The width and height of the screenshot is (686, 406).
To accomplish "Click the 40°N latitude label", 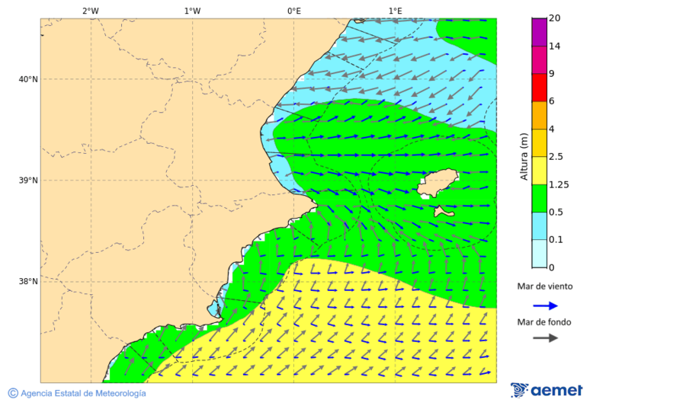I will click(28, 79).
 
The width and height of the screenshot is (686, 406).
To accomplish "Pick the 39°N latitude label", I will click(28, 181).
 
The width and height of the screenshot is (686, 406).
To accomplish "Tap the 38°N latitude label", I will click(28, 282).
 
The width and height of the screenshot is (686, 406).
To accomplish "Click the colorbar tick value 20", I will click(554, 18).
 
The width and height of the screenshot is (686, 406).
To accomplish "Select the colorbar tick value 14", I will click(554, 46).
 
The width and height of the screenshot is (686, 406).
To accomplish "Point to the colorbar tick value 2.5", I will click(556, 157).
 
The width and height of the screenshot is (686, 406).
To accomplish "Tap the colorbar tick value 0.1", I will click(556, 240).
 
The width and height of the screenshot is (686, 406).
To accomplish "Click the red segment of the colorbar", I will click(539, 88).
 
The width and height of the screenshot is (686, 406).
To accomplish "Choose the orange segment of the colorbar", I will click(539, 115).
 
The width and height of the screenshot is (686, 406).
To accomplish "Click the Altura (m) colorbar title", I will click(524, 156).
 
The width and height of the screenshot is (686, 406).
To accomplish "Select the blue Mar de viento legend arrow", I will click(545, 305).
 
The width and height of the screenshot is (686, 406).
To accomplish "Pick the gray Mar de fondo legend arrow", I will click(545, 338).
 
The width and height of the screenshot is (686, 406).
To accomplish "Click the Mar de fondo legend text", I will click(544, 322).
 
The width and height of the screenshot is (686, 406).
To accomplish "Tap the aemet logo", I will click(547, 390).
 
